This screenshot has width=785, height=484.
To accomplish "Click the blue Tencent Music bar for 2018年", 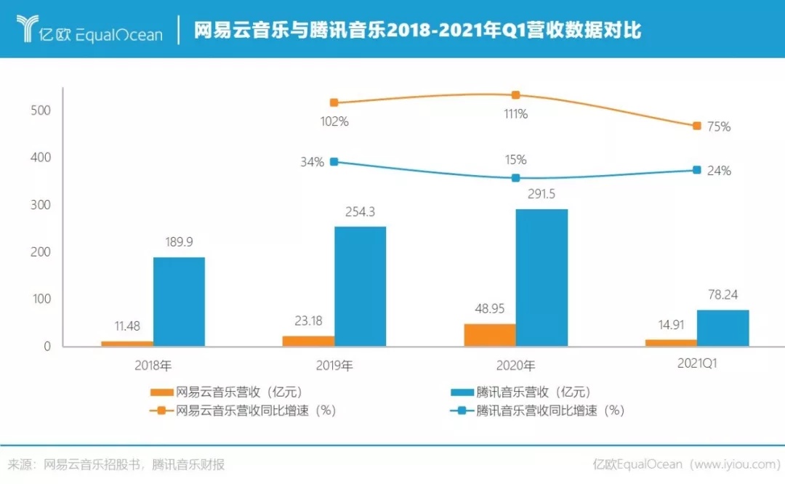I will click(x=179, y=302).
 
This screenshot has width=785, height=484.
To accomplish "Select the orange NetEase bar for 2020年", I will click(x=490, y=334).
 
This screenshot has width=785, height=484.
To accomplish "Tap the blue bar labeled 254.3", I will click(x=361, y=286).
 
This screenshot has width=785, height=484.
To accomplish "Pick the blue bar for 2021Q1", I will click(x=722, y=328).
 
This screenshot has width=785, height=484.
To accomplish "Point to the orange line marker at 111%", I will click(x=516, y=95).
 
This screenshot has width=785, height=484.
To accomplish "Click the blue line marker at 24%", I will click(x=696, y=170).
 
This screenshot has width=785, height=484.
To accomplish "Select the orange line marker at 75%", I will click(x=696, y=126).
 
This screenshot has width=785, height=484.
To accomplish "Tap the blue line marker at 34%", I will click(x=334, y=161).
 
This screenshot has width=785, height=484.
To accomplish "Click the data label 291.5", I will click(x=542, y=195).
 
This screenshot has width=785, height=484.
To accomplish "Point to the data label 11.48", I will click(x=127, y=326).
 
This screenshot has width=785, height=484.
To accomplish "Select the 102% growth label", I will click(x=334, y=121).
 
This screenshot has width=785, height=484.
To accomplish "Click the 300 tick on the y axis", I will click(x=41, y=205).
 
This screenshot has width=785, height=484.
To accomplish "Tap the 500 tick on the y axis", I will click(x=41, y=110).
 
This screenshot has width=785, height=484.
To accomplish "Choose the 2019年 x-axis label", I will click(x=334, y=365).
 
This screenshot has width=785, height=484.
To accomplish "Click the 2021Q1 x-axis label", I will click(x=696, y=365).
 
